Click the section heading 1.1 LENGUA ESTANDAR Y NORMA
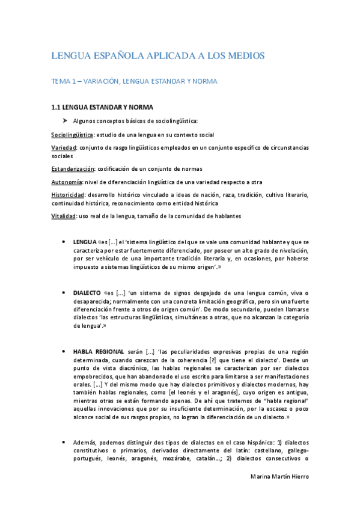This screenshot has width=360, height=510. point(102,108)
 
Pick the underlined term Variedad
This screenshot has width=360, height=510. point(63,147)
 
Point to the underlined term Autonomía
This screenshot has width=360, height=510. point(66,182)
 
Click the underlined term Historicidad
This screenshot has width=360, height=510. point(68,195)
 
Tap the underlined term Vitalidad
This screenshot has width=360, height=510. point(63,216)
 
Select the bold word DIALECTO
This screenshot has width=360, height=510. point(87,292)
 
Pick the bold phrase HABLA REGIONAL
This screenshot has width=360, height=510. point(99,351)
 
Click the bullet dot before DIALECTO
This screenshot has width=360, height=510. point(65,292)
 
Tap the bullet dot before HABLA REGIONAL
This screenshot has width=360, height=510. point(65,351)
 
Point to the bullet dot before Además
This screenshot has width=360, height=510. point(65,443)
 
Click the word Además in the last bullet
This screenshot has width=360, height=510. point(87,443)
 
